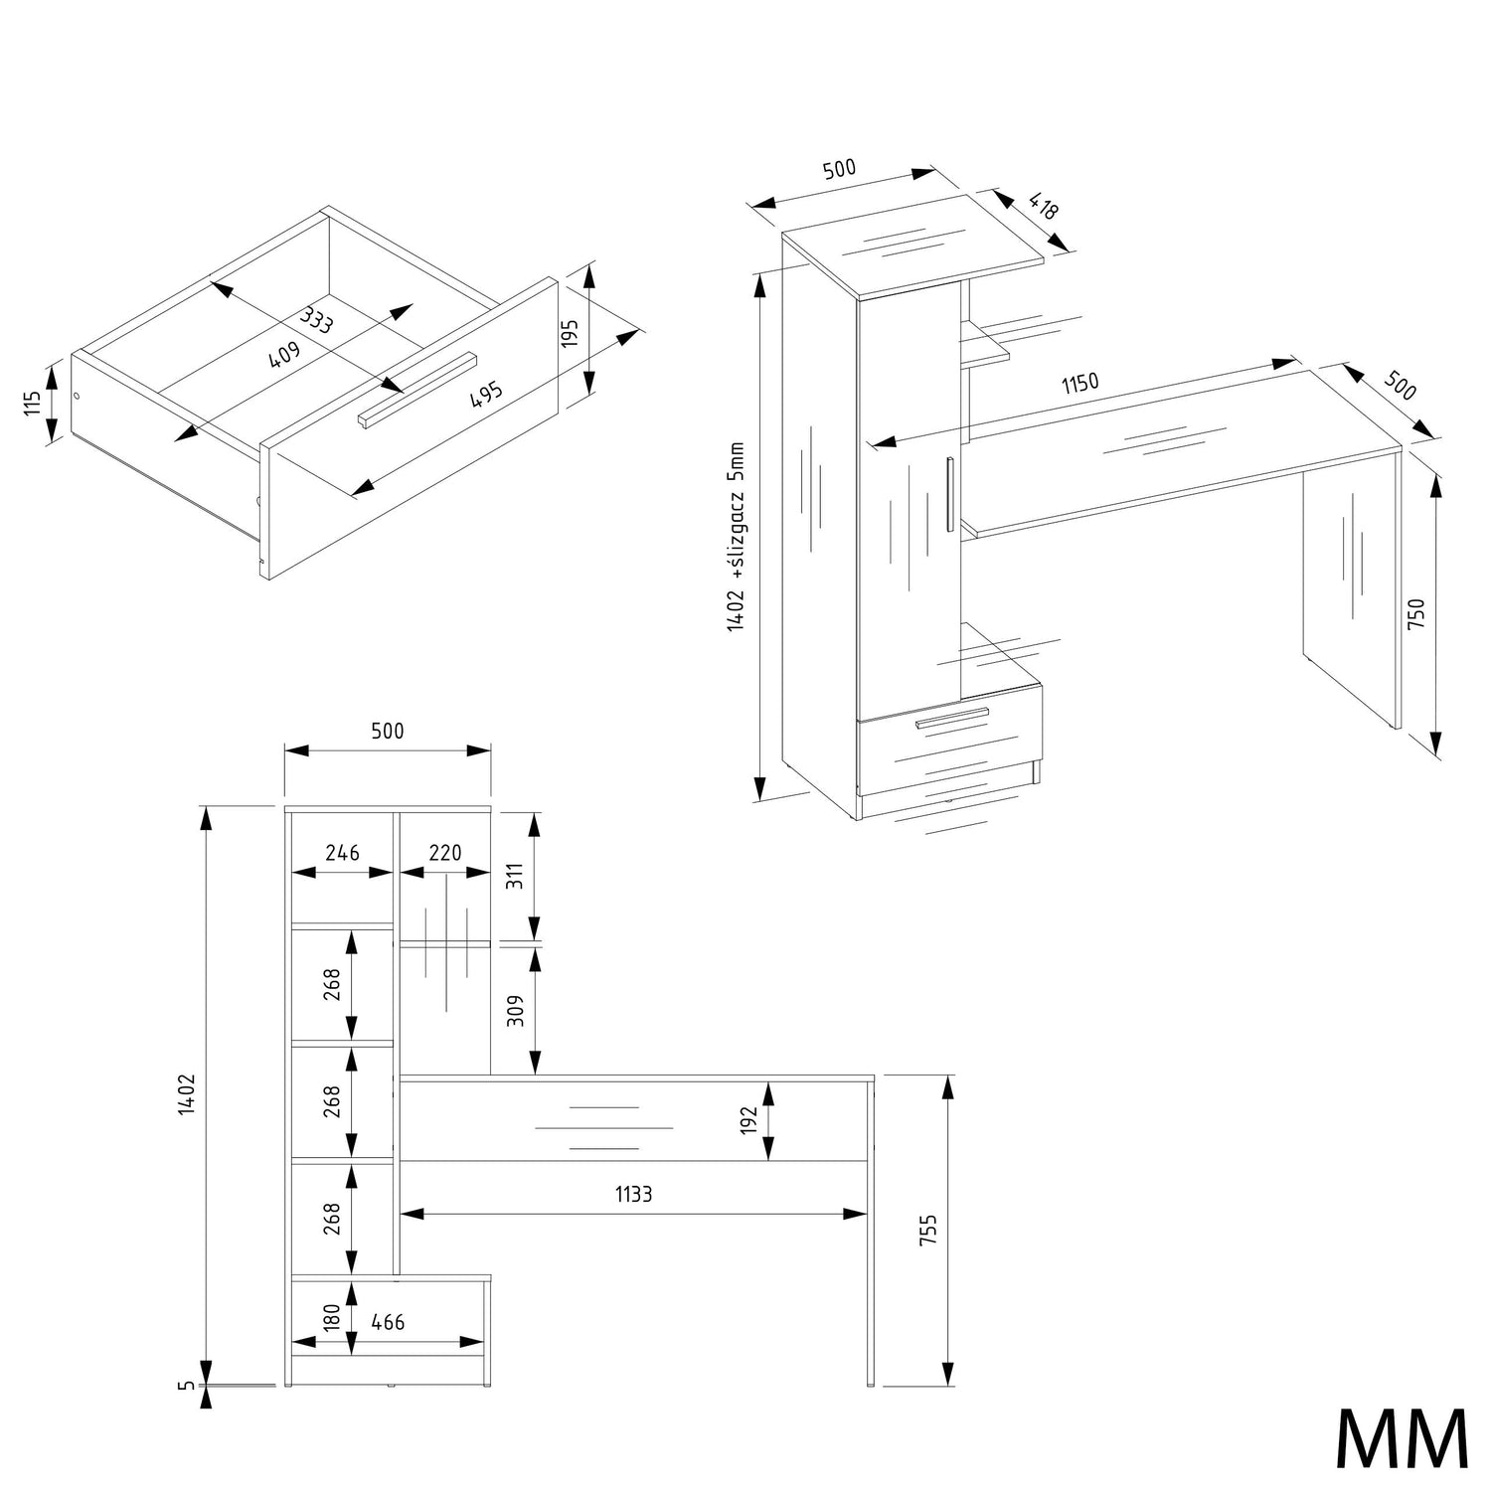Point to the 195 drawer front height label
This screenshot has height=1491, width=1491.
[571, 333]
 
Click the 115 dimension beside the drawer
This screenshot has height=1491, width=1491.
[33, 403]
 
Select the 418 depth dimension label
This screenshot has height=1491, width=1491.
[1043, 207]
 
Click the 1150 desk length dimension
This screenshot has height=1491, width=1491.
[1079, 384]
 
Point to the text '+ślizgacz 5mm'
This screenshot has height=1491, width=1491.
[736, 510]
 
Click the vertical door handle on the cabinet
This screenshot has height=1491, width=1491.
[950, 493]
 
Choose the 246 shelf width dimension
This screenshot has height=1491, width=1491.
[342, 853]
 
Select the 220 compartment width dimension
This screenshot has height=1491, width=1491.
[445, 853]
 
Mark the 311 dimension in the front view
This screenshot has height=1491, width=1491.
[514, 877]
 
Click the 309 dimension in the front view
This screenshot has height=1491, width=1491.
[514, 1011]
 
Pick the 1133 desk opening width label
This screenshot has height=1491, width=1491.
[633, 1194]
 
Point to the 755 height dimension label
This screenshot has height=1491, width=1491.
[928, 1230]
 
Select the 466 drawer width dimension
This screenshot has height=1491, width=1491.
[388, 1322]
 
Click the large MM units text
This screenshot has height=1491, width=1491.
[1401, 1438]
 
